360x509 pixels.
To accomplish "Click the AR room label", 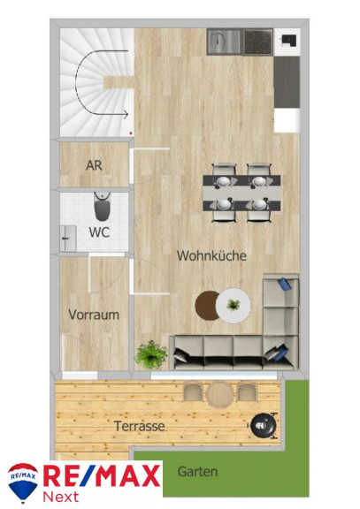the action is (x=95, y=165).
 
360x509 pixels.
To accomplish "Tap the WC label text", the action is (x=99, y=232).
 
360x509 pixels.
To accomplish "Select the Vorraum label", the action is (x=94, y=315).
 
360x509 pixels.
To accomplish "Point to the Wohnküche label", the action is (x=211, y=255).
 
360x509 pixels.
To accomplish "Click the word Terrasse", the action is (x=140, y=426).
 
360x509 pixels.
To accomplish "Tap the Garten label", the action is (x=197, y=471).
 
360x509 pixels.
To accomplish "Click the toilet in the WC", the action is (x=103, y=207).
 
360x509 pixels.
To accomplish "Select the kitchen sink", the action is (x=224, y=42).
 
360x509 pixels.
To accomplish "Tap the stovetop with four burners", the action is (x=258, y=42).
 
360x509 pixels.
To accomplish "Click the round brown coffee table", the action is (x=207, y=306).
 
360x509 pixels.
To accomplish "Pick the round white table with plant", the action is (x=234, y=306).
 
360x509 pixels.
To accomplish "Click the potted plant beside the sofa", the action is (x=151, y=354).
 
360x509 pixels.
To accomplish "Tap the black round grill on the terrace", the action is (x=264, y=425).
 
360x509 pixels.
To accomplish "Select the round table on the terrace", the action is (x=220, y=394).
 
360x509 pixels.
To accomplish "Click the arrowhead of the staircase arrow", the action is (x=126, y=114).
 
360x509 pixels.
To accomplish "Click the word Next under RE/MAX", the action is (x=61, y=497).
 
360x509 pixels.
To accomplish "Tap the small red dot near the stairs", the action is (x=131, y=133).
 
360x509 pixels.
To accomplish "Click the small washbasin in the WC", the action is (x=68, y=239).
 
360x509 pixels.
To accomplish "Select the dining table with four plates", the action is (x=241, y=193).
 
